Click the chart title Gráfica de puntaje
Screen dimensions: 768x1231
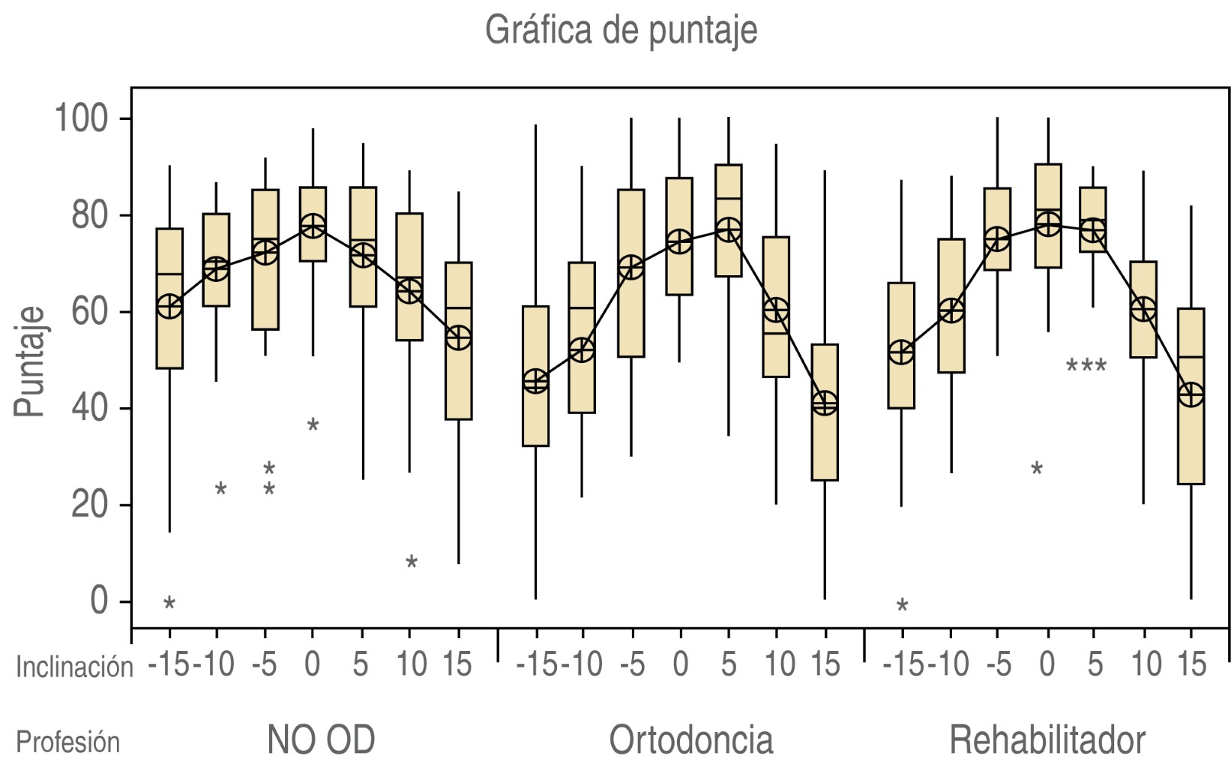point(621,30)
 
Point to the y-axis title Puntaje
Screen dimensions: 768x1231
point(30,361)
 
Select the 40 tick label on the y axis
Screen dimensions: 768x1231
point(90,409)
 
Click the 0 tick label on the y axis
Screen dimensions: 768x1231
point(100,601)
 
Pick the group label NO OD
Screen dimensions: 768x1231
point(321,740)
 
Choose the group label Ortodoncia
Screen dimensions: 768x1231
point(690,740)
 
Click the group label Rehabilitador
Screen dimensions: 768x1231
point(1047,740)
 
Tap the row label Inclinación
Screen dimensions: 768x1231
point(74,666)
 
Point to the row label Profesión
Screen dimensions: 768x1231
point(68,742)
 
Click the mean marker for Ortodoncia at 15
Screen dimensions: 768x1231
point(825,403)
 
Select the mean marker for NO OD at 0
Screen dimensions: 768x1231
point(313,226)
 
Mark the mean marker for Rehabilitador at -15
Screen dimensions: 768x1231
point(901,352)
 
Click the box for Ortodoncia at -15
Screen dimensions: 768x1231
point(535,376)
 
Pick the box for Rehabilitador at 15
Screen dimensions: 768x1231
point(1191,396)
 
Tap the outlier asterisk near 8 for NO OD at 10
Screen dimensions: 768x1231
point(411,562)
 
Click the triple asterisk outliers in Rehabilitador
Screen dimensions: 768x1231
point(1086,367)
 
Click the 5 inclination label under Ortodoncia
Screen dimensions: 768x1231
point(728,664)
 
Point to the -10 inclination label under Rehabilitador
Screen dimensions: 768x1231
point(949,664)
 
